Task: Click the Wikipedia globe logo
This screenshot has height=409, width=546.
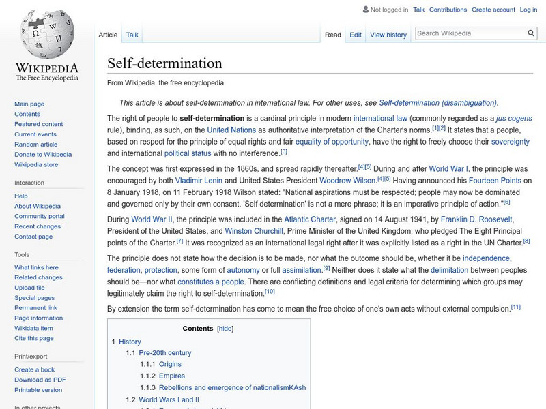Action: pos(46,34)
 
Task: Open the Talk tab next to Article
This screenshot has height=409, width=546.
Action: pos(132,35)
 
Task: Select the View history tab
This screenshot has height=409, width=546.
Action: pos(388,35)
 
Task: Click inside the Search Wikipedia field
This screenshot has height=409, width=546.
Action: pos(469,33)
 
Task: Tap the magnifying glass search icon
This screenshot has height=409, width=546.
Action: pos(531,33)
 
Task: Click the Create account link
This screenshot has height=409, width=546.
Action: pos(493,10)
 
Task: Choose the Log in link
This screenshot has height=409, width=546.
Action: pos(528,10)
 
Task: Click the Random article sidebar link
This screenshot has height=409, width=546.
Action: pos(36,145)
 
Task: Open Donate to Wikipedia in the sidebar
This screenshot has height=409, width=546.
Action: pos(43,155)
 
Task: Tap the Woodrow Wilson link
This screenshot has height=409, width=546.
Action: pos(347,180)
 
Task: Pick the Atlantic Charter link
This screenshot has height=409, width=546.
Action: pos(310,219)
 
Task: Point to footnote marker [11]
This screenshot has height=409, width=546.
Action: pos(515,307)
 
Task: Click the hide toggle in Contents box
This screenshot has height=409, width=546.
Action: pos(225,328)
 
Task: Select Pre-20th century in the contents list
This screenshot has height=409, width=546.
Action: pos(164,353)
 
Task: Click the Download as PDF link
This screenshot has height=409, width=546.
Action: pos(40,380)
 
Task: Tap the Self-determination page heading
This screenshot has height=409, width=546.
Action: pos(164,63)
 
